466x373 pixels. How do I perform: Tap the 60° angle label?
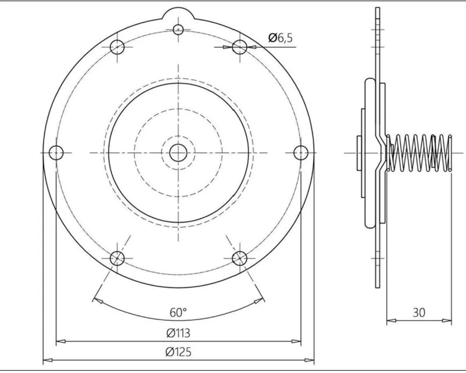(x=178, y=313)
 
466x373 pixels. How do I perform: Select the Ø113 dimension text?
(x=178, y=333)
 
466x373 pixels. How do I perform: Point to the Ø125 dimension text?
(x=178, y=352)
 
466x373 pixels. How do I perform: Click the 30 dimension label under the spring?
(x=419, y=312)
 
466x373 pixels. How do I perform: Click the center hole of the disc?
(x=178, y=153)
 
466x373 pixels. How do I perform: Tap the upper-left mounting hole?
(x=117, y=47)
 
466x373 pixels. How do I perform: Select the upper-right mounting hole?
(x=239, y=47)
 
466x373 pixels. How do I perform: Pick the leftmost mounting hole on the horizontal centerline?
(x=56, y=153)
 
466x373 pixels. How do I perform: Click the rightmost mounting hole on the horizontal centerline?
(x=301, y=153)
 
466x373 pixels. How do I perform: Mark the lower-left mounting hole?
(x=117, y=258)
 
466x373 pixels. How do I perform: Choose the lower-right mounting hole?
(x=239, y=258)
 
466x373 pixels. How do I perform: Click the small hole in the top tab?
(x=178, y=29)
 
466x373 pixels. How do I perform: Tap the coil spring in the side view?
(x=419, y=153)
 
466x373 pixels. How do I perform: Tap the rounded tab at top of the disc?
(x=178, y=15)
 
